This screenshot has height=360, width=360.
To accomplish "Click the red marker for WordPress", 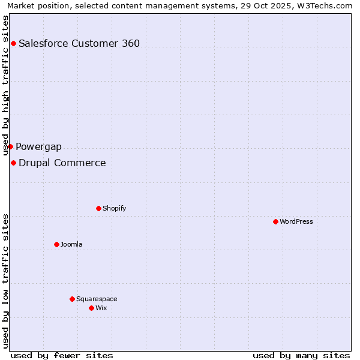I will tap(275, 221).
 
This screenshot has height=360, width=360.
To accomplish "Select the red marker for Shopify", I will tap(98, 208).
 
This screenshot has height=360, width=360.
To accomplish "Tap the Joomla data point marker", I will tap(56, 244).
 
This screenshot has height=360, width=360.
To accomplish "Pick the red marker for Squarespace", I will tap(72, 299).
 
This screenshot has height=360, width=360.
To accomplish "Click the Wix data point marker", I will tap(91, 308).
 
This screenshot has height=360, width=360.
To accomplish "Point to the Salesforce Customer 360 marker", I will tap(13, 43).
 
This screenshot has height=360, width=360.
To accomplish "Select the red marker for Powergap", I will tap(10, 146).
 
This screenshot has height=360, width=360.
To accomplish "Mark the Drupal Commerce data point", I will tap(13, 163).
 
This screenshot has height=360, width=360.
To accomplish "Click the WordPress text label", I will tap(296, 221).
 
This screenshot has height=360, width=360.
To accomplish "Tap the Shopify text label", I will tap(114, 208).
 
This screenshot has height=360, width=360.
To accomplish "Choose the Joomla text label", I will tap(71, 244).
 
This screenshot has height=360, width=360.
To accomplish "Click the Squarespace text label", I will tap(97, 299).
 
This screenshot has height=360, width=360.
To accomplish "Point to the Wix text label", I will tap(101, 308).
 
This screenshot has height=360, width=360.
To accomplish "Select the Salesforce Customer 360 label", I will tap(79, 43).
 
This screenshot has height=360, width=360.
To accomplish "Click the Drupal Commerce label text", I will tap(62, 163).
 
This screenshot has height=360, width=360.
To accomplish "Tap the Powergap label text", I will tap(38, 146).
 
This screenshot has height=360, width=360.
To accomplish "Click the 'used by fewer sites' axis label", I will tap(62, 355).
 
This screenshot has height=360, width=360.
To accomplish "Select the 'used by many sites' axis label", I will tap(301, 355).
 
